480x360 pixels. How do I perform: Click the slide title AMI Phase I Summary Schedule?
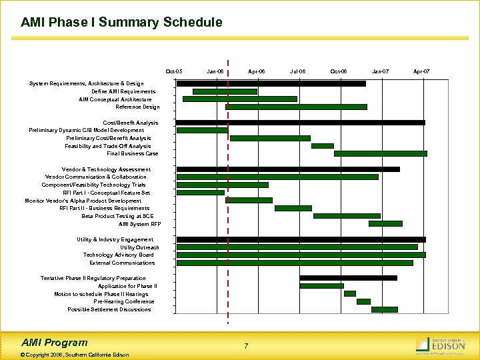point(121,23)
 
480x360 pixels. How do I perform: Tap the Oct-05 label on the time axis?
point(174,71)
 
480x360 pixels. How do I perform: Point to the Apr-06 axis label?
point(256,71)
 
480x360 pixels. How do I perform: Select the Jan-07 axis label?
point(380,71)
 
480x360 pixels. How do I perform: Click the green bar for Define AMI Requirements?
point(225,91)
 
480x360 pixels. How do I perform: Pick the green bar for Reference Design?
point(297,107)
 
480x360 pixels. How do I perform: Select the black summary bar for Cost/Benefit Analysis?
point(300,123)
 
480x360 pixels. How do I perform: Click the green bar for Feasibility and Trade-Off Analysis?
point(322,145)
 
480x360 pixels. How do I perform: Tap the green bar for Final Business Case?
point(380,153)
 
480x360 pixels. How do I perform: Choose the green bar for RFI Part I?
point(201,193)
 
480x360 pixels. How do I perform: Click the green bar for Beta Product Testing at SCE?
point(347,216)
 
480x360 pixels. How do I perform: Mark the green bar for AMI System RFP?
point(385,224)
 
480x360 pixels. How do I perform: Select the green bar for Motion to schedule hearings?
point(349,293)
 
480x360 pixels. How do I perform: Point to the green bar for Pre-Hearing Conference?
point(363,301)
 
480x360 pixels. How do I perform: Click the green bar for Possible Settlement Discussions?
point(384,309)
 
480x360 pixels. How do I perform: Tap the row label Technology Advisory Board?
point(118,255)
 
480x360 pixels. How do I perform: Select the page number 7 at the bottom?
point(246,346)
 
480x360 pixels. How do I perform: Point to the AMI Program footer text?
point(54,342)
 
